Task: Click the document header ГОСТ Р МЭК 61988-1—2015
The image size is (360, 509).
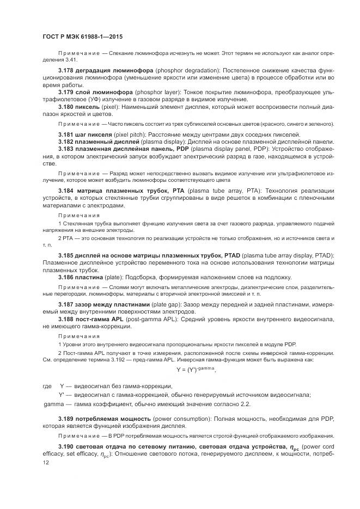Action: [x=82, y=36]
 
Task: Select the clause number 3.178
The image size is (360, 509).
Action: [x=67, y=71]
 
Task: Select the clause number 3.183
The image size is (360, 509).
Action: [x=67, y=149]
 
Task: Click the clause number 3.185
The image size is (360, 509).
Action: [x=67, y=255]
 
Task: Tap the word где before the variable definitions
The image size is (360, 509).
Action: [x=47, y=386]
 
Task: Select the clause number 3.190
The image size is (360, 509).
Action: [x=67, y=446]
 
